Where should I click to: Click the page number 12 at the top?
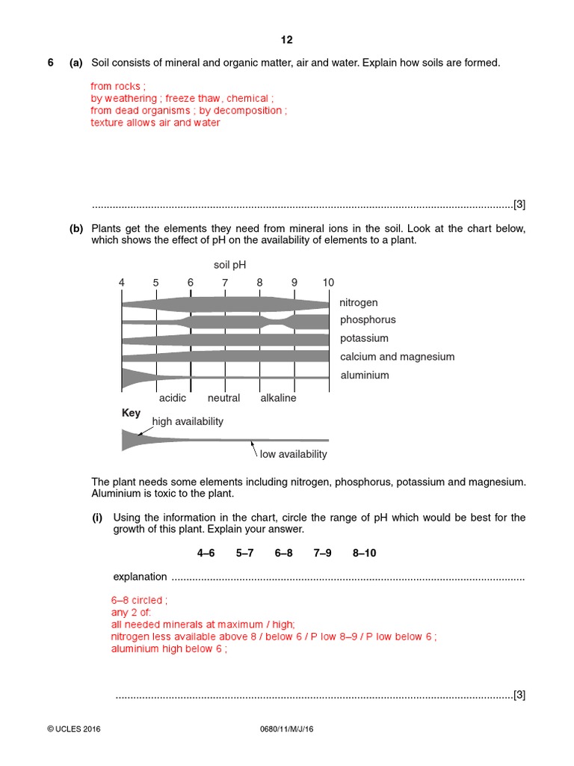click(287, 40)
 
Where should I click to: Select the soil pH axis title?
click(229, 264)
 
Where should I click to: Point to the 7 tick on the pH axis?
click(225, 283)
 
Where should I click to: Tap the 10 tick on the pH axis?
click(328, 283)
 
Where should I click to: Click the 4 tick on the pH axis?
click(122, 283)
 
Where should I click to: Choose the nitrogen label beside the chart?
click(359, 303)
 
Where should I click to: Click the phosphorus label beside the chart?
click(368, 320)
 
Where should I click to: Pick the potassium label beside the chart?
click(364, 339)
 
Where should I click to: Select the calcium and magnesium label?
click(397, 357)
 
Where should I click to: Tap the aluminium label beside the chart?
click(365, 376)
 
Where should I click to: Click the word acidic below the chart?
click(173, 398)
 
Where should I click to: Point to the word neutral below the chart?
click(223, 398)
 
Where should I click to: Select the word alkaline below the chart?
click(278, 398)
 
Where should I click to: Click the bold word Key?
click(131, 413)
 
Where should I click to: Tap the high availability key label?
click(188, 422)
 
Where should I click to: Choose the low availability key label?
click(293, 454)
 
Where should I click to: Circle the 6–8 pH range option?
click(283, 554)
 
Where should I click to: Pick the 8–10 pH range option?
click(365, 554)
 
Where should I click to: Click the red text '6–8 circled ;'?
click(139, 600)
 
